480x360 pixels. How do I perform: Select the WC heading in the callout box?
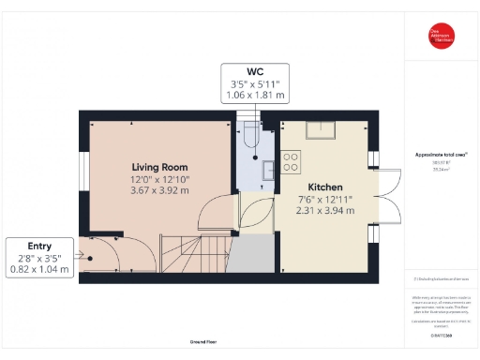(254, 71)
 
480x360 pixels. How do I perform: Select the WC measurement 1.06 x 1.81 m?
(254, 96)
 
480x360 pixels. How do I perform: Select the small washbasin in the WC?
(268, 169)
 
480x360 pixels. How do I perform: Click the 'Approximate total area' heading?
(442, 154)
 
